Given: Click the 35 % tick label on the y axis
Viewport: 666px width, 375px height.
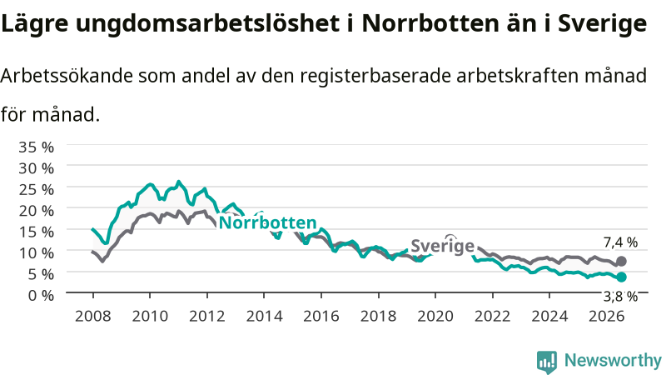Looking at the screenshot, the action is [36, 147].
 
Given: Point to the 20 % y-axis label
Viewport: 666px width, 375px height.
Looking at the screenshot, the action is [36, 211].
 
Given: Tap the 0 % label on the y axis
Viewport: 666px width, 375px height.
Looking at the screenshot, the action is [41, 295].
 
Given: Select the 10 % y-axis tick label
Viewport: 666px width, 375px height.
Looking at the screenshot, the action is [36, 253].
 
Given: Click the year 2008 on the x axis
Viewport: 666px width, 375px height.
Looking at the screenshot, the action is [93, 316].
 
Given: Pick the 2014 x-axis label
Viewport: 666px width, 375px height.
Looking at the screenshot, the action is [264, 316].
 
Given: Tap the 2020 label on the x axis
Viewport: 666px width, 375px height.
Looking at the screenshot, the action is [435, 316].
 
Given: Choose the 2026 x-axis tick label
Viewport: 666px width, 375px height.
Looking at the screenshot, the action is [607, 316].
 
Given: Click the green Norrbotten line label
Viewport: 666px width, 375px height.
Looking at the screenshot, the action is [267, 222].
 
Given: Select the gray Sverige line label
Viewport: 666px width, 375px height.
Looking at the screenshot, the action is [443, 246].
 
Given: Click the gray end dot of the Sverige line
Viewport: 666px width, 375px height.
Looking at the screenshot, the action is [621, 261].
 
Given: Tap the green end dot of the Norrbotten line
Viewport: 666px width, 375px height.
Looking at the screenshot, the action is [621, 277].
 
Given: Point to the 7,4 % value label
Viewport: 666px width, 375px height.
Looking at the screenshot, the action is [620, 242].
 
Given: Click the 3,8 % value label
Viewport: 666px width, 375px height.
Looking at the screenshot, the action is [620, 297].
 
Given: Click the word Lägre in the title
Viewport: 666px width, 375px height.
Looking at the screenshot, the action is [34, 23].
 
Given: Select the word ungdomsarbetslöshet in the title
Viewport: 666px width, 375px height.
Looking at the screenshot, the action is [207, 23].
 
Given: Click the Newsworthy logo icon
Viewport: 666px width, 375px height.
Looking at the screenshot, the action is [547, 361].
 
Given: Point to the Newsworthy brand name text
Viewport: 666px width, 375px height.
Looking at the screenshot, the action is [613, 360].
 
